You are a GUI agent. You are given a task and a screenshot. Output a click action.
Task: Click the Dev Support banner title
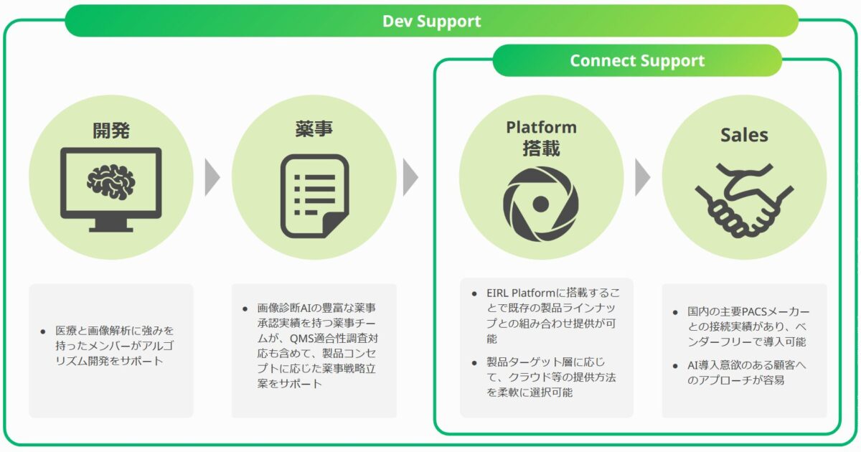point(431,21)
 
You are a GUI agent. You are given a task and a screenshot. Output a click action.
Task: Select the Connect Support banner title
point(637,61)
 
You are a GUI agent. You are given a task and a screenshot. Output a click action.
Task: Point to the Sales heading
point(744,135)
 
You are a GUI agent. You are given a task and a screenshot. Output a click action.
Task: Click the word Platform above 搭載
point(541,127)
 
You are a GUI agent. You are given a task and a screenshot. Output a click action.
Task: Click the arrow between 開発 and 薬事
point(212,177)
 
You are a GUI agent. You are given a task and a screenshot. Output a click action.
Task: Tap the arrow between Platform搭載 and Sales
point(642,177)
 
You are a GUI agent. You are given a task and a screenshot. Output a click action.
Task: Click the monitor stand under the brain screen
point(111,225)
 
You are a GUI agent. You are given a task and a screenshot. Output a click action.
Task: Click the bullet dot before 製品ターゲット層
point(474,362)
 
